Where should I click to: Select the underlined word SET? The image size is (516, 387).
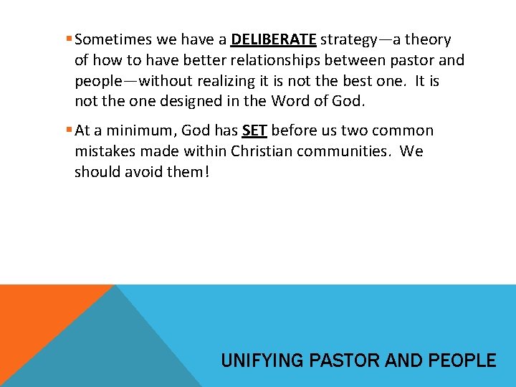[x=254, y=130]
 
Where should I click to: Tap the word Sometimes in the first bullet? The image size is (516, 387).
[x=109, y=40]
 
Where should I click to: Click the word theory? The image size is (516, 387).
[x=428, y=40]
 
